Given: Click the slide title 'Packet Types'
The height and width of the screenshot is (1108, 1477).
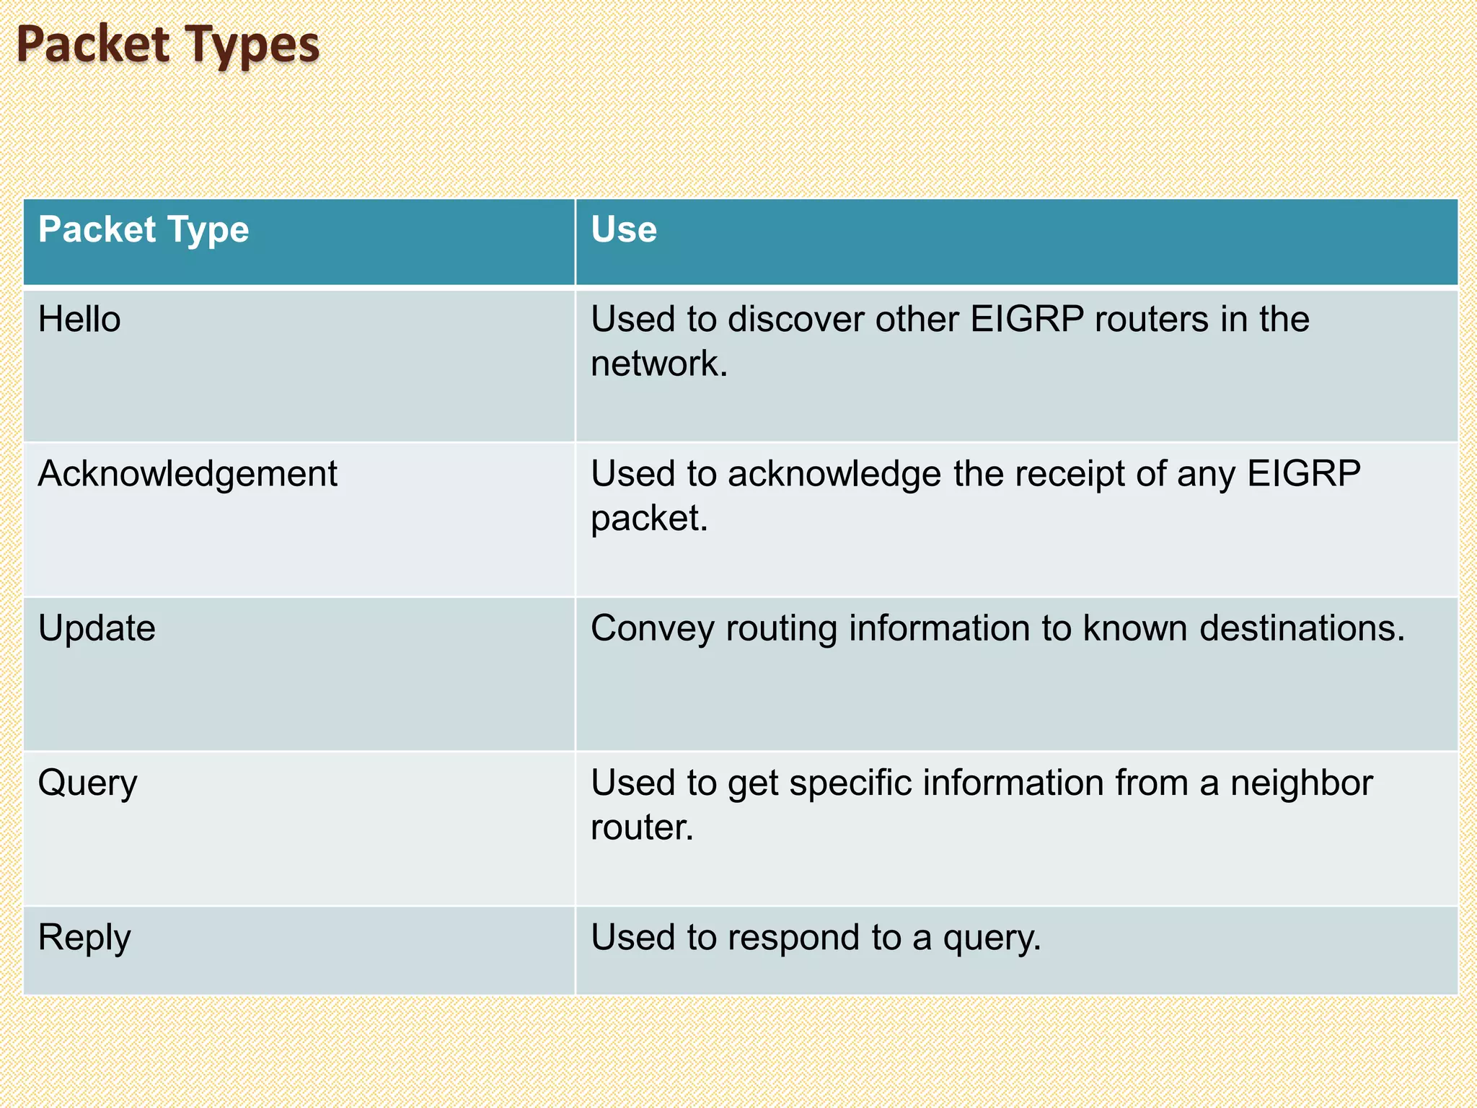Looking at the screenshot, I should click(x=168, y=45).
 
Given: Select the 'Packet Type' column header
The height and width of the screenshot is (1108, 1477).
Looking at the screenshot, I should click(x=144, y=229).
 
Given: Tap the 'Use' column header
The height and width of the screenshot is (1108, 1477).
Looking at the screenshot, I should click(x=624, y=229).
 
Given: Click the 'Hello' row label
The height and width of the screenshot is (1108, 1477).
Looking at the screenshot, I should click(x=79, y=319).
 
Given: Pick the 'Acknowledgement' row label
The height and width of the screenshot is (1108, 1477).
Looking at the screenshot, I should click(x=188, y=474).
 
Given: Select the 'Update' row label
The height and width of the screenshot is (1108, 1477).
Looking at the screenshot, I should click(x=97, y=628).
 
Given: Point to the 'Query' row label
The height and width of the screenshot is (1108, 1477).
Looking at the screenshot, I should click(x=87, y=784).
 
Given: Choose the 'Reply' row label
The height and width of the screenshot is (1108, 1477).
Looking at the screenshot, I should click(x=84, y=938).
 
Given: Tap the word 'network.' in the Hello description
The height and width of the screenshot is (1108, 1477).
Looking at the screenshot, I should click(x=659, y=363).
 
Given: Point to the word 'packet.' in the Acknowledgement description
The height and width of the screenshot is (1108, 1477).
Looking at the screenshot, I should click(x=649, y=518).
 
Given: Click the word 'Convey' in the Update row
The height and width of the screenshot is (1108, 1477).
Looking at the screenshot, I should click(x=652, y=628).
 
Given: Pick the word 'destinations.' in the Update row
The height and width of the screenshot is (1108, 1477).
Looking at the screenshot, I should click(x=1302, y=628).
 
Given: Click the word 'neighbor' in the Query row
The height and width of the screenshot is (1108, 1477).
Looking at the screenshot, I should click(x=1301, y=783).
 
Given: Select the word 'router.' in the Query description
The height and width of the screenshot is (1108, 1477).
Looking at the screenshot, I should click(x=642, y=827).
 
